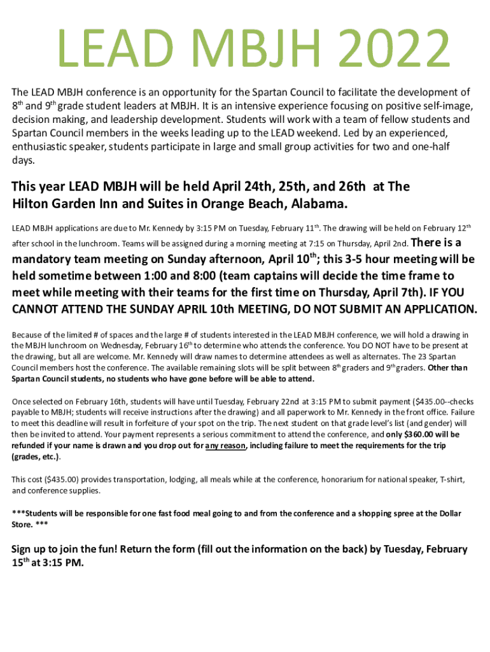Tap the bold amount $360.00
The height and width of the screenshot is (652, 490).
coord(411,435)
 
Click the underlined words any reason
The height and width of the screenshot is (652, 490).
coord(226,446)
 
